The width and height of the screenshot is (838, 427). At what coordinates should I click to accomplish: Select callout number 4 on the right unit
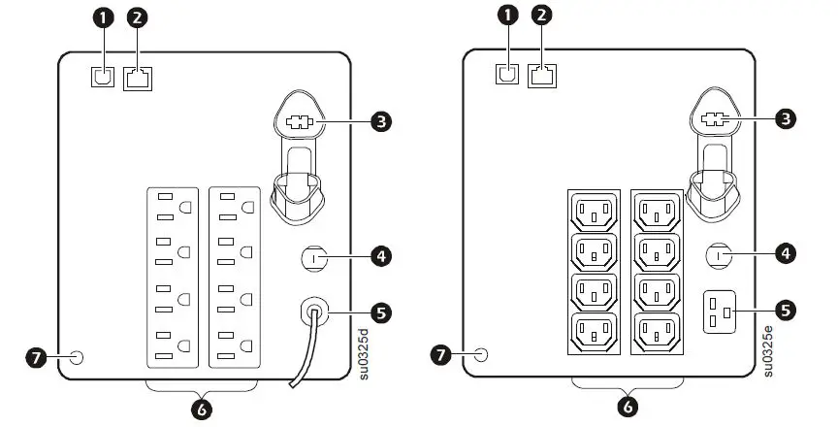(788, 252)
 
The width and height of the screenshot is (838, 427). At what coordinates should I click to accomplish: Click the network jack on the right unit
(540, 75)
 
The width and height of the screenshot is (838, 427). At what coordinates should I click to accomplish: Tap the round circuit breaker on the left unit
(314, 258)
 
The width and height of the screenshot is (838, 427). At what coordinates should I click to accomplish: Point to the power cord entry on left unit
(315, 312)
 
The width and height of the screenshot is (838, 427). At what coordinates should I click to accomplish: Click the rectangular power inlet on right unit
(719, 312)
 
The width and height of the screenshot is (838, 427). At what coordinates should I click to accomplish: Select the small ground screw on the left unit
(78, 357)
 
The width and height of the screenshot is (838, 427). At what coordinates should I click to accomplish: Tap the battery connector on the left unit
(296, 123)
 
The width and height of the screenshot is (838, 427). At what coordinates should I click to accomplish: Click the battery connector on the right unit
(713, 121)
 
